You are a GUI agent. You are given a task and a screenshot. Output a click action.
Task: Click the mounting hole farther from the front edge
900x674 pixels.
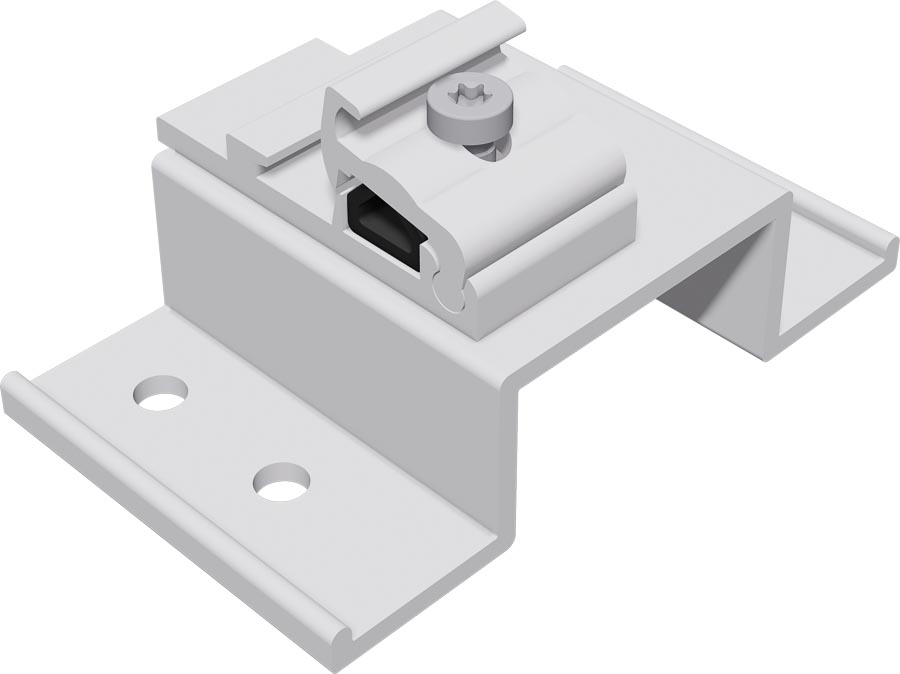point(161,392)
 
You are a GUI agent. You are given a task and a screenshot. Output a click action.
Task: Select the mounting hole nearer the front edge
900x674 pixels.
point(281,482)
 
